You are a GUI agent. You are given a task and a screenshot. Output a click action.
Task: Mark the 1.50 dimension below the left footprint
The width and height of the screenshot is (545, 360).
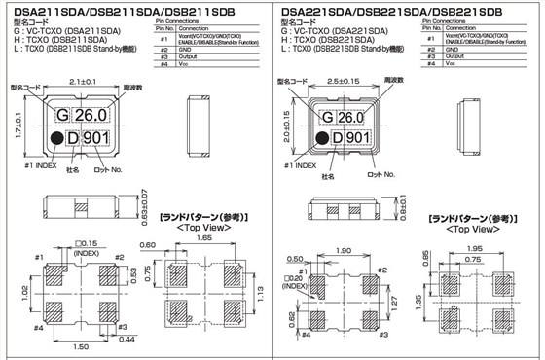84,346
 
